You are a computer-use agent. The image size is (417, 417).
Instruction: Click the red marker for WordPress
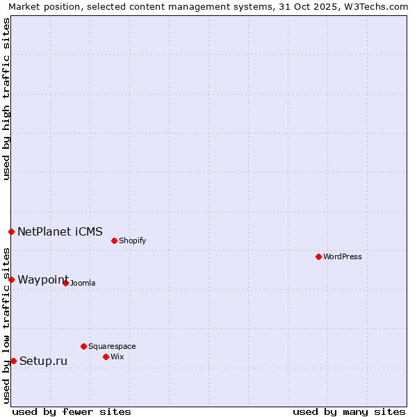[318, 256]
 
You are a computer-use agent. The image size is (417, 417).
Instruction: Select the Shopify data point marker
[114, 240]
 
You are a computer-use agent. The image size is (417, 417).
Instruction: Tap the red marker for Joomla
[65, 283]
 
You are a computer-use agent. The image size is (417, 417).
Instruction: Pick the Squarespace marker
[83, 346]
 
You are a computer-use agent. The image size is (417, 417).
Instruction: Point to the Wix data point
[106, 357]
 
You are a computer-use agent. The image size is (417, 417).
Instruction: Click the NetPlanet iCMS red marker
[11, 231]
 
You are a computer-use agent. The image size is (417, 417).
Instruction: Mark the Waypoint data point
[11, 279]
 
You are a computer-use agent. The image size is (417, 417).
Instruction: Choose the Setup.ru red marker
[13, 361]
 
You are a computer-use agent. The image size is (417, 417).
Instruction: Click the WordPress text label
[343, 257]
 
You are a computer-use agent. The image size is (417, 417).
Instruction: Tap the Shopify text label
[132, 241]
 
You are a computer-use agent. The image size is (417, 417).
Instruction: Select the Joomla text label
[83, 284]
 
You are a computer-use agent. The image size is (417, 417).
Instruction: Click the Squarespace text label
[112, 347]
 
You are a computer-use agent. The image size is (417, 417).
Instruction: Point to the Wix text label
[117, 357]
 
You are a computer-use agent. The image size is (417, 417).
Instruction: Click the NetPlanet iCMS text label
[60, 232]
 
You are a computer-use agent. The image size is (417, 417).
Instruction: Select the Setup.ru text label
[44, 361]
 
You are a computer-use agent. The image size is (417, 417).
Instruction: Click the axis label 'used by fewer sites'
[72, 412]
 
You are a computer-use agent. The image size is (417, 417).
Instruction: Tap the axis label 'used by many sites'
[349, 412]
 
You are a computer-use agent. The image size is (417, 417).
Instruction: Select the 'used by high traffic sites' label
[6, 99]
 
